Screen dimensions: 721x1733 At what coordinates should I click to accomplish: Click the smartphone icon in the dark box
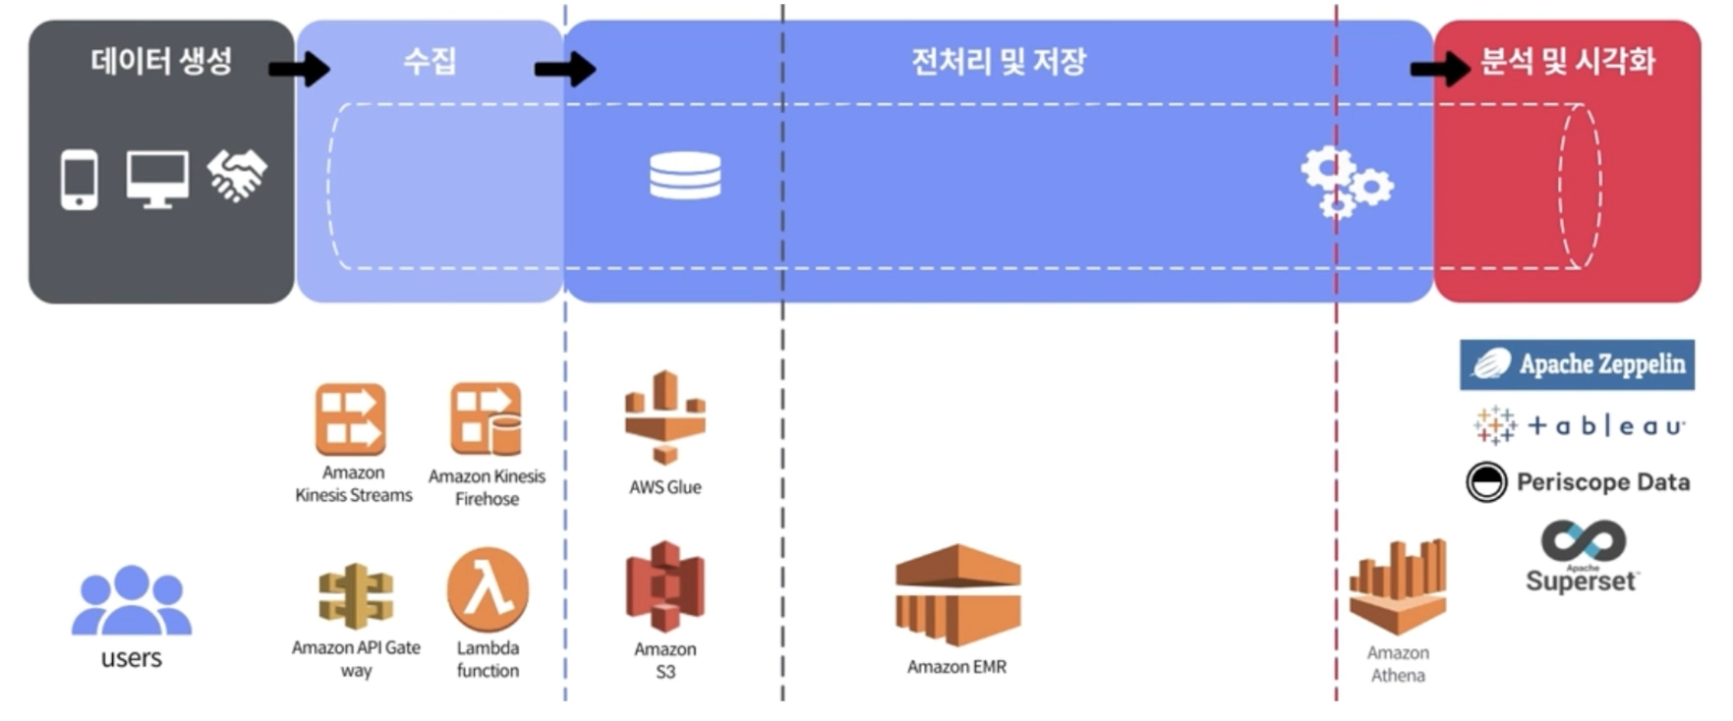(80, 180)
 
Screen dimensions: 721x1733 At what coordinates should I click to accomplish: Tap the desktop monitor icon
(157, 179)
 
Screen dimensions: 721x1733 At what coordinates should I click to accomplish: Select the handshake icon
(237, 176)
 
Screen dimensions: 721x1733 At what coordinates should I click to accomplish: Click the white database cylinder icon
(685, 176)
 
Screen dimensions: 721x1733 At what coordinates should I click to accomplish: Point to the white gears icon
(1345, 182)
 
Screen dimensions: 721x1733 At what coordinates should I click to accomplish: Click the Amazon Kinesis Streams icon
(351, 419)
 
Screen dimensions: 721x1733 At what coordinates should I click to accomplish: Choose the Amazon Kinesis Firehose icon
(487, 419)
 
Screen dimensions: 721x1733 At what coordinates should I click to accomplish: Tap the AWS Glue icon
(665, 416)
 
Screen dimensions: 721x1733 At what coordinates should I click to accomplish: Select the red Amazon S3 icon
(665, 586)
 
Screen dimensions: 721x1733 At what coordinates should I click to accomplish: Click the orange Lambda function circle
(488, 589)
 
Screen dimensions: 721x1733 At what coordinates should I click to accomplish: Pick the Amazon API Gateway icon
(356, 595)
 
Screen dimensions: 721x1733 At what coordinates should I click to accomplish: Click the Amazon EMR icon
(957, 595)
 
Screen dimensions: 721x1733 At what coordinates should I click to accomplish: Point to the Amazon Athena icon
(1398, 586)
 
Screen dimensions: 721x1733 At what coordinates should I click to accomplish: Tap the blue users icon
(132, 600)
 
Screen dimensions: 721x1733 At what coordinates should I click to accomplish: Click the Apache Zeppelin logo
(1577, 364)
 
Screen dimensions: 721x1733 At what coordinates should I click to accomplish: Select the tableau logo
(1580, 425)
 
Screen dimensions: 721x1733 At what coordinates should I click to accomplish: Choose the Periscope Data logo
(1578, 482)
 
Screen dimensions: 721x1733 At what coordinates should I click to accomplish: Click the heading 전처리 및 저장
(999, 62)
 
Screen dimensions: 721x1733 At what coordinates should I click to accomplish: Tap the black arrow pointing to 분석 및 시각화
(1441, 69)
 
